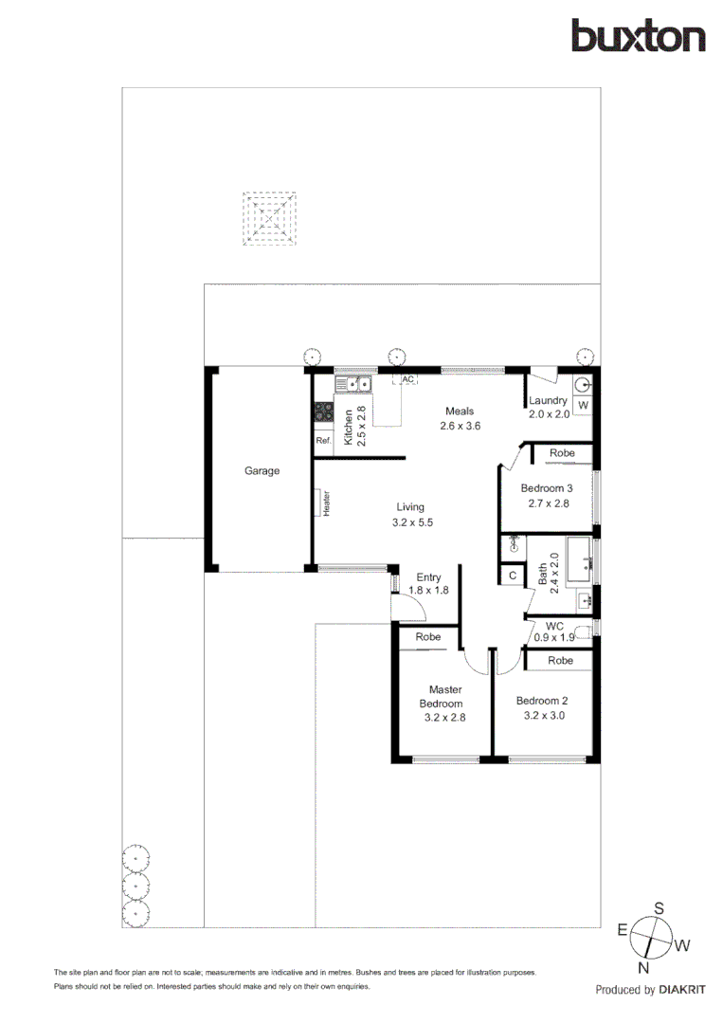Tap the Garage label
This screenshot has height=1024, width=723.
coord(262,470)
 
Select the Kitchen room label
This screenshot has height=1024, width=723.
coord(349,428)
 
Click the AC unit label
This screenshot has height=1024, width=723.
coord(408,379)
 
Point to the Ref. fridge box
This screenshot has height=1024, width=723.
coord(323,441)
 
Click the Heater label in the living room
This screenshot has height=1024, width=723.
coord(326,503)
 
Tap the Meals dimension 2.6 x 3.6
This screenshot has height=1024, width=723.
coord(461,427)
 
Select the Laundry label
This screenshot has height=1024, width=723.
coord(548,401)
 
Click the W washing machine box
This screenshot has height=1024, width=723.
coord(583,406)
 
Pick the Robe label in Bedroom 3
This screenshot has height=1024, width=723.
coord(562,454)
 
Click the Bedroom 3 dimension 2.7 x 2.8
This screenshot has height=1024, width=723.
coord(545,503)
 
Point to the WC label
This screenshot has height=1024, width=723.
coord(554,626)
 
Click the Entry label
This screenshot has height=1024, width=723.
coord(428,577)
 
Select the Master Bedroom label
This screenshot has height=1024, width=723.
coord(443,697)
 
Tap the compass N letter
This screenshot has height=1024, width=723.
coord(643,968)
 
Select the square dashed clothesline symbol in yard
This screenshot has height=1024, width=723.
coord(271,220)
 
